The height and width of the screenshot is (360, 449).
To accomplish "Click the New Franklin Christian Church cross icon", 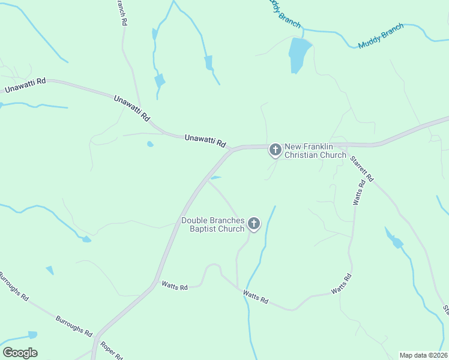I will click(275, 150).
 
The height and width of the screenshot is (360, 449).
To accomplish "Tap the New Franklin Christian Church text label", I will click(315, 151).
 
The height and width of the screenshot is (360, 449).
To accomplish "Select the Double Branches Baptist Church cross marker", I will click(254, 224).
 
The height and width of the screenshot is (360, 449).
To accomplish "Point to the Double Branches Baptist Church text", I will click(213, 224).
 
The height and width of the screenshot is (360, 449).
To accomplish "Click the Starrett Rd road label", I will click(362, 169).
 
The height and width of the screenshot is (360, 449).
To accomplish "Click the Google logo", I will click(20, 353).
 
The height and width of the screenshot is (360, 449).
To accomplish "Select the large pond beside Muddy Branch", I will click(300, 53).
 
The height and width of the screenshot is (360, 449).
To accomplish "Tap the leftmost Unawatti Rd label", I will click(25, 85).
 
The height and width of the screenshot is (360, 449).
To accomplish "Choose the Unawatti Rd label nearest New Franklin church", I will click(205, 140).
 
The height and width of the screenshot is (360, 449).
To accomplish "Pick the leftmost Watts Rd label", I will click(174, 287).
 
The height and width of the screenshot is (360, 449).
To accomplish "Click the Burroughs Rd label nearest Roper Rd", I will click(74, 325).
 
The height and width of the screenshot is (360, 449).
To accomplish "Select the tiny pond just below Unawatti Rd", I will click(149, 144).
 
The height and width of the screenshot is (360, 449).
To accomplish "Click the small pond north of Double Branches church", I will click(215, 178).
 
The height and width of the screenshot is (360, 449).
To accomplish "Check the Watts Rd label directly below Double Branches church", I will click(255, 296).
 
